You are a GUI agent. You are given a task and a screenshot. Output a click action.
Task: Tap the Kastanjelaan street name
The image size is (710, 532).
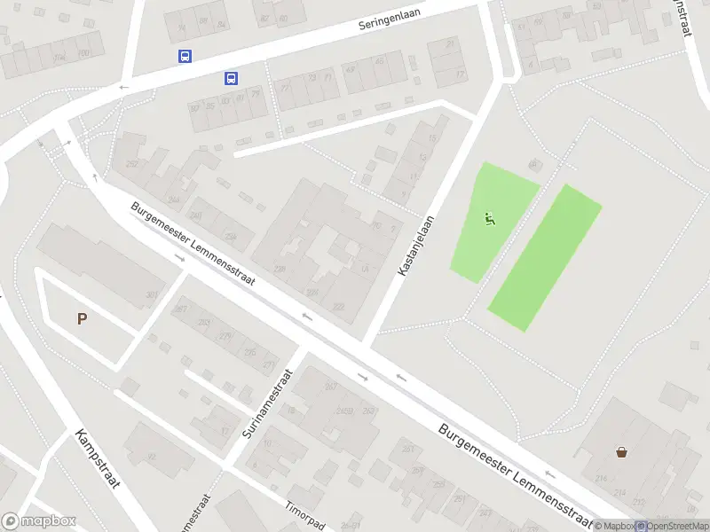(415, 246)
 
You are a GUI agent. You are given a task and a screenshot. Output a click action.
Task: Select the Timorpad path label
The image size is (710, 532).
(304, 512)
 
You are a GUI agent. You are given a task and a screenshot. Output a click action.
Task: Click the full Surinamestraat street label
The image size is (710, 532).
(266, 406)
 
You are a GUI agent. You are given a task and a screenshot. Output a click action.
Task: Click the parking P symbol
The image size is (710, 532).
(83, 319)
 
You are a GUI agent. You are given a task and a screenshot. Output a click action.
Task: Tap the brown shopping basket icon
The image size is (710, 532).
(621, 451)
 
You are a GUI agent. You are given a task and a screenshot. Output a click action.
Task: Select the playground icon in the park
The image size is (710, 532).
(489, 217)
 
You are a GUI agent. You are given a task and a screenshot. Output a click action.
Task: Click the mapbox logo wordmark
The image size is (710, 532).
(39, 521)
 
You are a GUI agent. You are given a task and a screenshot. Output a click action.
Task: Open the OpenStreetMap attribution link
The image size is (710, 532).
(673, 526)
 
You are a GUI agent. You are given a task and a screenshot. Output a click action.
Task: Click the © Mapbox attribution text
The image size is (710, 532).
(614, 526)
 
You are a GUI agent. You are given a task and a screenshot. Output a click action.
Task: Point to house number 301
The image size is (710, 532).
(152, 295)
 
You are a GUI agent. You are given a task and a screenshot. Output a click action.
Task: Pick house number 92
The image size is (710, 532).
(152, 457)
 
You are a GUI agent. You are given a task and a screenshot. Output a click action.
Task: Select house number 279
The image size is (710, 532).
(225, 336)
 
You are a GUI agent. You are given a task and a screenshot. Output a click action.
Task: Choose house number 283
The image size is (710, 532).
(203, 322)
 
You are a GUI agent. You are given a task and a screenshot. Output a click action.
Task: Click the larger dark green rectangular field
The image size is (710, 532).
(544, 257)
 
